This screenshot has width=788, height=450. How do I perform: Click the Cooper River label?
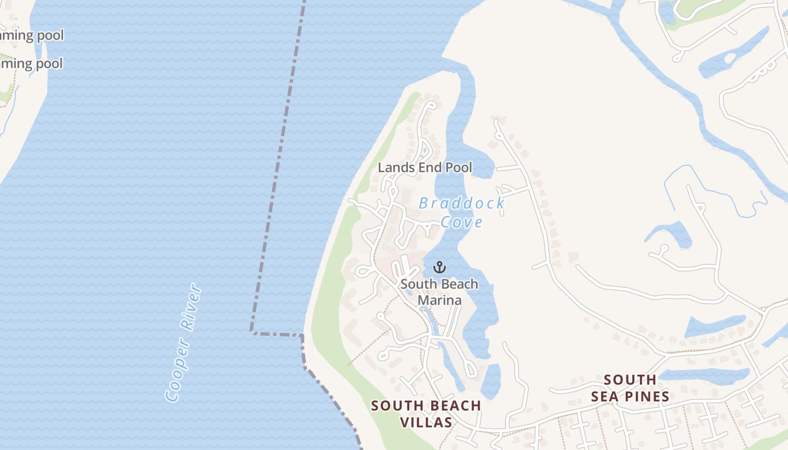[183, 343]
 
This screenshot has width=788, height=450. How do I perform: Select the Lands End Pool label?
[425, 167]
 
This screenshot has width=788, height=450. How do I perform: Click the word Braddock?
[462, 203]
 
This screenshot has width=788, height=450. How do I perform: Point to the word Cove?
[462, 222]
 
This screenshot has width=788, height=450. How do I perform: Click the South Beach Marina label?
[440, 292]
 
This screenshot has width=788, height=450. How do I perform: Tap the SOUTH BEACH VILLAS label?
[426, 413]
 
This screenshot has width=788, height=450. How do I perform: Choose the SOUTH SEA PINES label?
[630, 388]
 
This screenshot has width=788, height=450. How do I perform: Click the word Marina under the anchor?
[440, 300]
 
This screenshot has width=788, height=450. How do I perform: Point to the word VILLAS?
[426, 422]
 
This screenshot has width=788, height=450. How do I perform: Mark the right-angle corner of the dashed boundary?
[251, 331]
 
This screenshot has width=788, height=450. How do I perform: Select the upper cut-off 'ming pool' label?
[32, 35]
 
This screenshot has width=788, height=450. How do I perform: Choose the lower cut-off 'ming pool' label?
[32, 64]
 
